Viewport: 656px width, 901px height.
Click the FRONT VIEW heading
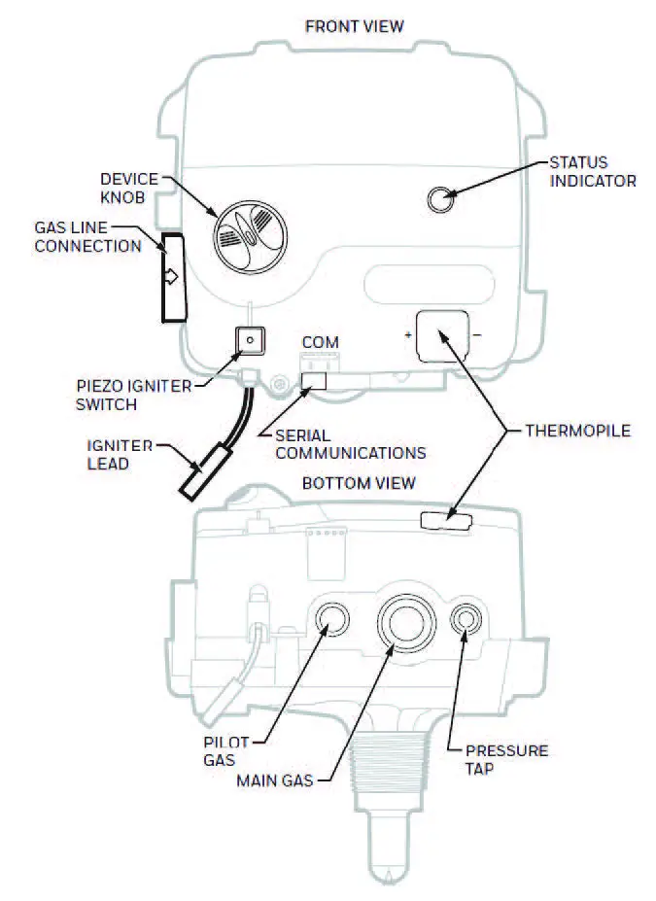tap(354, 26)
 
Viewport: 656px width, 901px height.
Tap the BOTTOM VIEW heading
tap(359, 483)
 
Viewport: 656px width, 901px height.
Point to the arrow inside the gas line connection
tap(171, 277)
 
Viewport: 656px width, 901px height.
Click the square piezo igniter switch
tap(251, 340)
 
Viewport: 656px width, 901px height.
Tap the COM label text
tap(320, 343)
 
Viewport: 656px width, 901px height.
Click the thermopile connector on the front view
tap(440, 335)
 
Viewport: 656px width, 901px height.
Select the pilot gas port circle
tap(331, 618)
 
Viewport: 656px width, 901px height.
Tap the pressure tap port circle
tap(468, 618)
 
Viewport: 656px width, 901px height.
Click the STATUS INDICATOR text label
tap(592, 171)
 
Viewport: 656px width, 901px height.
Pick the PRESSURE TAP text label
tap(506, 759)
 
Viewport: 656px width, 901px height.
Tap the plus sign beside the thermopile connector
tap(408, 336)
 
